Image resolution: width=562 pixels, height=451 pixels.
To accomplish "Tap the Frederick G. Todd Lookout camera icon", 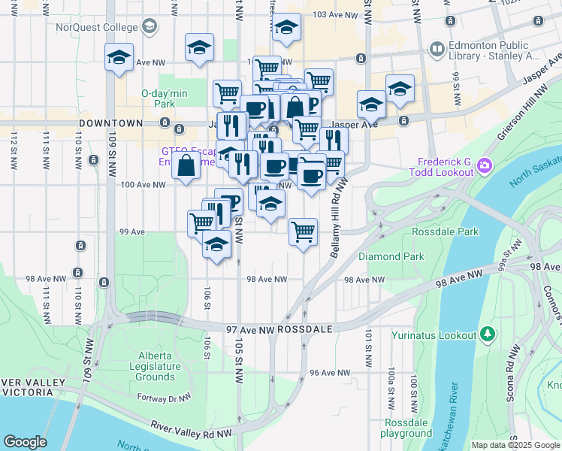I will point(485,165).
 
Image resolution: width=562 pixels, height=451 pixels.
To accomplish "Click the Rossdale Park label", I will point(445,232).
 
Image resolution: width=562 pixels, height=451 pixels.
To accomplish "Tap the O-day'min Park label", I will point(163,98).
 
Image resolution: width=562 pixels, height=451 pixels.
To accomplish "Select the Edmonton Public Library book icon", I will point(437,50).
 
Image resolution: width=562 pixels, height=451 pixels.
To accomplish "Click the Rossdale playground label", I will point(406,428).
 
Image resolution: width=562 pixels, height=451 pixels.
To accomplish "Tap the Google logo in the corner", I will point(25,442).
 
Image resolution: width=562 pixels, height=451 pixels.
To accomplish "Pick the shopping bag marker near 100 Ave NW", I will point(186,164).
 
